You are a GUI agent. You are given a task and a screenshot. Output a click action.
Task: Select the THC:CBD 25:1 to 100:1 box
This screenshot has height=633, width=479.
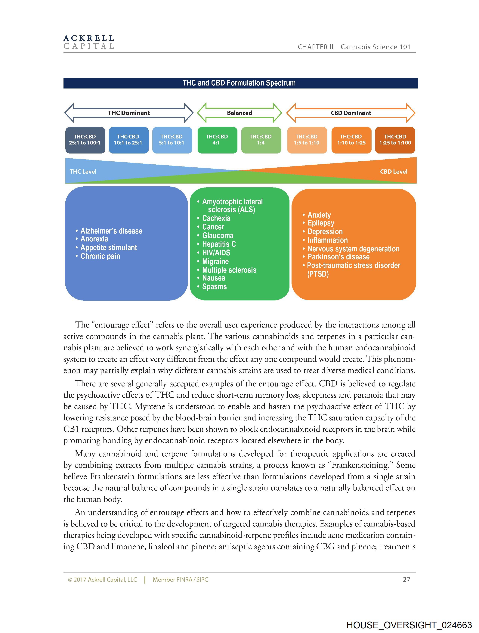(x=85, y=140)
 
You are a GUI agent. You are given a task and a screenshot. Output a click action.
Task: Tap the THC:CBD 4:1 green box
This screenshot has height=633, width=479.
(x=217, y=140)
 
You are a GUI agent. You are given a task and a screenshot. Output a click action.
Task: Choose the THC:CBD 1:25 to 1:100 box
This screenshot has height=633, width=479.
(x=395, y=140)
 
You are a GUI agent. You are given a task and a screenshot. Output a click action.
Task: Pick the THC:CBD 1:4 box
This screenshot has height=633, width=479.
(x=261, y=140)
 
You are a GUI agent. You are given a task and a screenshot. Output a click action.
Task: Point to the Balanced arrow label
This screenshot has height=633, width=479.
(x=239, y=113)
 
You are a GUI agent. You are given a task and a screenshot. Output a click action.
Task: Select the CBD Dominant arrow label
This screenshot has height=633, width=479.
(x=351, y=113)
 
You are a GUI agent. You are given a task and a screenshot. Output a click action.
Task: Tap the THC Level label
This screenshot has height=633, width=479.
(x=83, y=171)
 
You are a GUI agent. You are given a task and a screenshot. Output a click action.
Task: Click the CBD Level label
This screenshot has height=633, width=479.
(x=394, y=171)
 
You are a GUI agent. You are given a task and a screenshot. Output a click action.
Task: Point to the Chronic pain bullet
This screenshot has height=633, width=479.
(x=100, y=256)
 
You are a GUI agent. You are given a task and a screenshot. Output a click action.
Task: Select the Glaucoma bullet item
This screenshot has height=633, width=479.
(x=218, y=235)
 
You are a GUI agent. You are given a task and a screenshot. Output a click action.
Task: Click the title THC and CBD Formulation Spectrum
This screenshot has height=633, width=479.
(x=239, y=83)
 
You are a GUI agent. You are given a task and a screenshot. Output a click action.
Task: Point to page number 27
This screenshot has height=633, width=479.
(x=406, y=579)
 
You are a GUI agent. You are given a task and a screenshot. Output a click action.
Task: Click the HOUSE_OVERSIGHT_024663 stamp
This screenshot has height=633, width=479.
(x=409, y=625)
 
